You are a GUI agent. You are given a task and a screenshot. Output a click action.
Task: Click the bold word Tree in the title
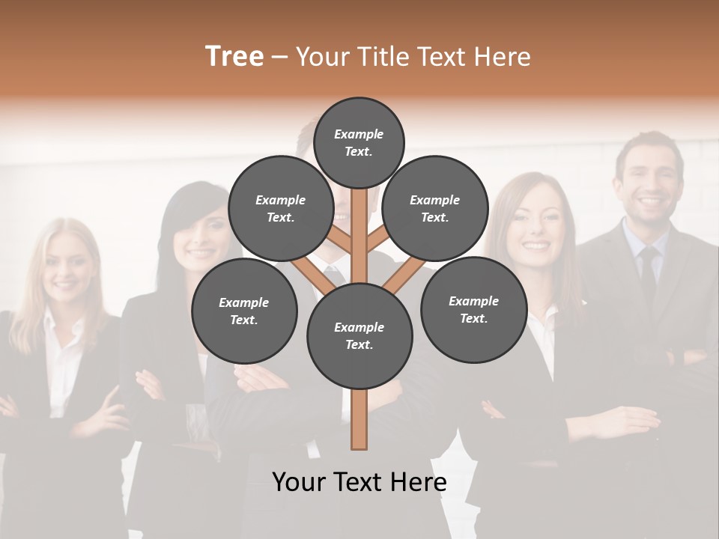pyautogui.click(x=234, y=56)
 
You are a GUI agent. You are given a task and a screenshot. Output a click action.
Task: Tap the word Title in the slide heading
pyautogui.click(x=384, y=56)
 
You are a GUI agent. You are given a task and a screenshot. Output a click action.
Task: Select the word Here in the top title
pyautogui.click(x=503, y=56)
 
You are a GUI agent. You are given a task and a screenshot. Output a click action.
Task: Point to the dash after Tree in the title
pyautogui.click(x=279, y=58)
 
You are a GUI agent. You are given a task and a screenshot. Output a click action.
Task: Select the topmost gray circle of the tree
pyautogui.click(x=359, y=142)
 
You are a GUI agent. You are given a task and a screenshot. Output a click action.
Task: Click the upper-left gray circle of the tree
pyautogui.click(x=280, y=208)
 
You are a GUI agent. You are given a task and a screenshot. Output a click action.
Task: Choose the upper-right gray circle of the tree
pyautogui.click(x=434, y=208)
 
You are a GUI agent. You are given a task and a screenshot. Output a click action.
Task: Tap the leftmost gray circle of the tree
pyautogui.click(x=243, y=311)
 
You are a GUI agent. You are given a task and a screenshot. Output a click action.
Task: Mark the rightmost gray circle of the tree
pyautogui.click(x=473, y=309)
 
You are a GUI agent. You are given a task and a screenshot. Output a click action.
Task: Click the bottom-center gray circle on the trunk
pyautogui.click(x=359, y=335)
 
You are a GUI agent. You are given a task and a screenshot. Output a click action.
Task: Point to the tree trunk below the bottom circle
pyautogui.click(x=359, y=419)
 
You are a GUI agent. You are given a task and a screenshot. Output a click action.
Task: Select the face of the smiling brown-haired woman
pyautogui.click(x=534, y=228)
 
